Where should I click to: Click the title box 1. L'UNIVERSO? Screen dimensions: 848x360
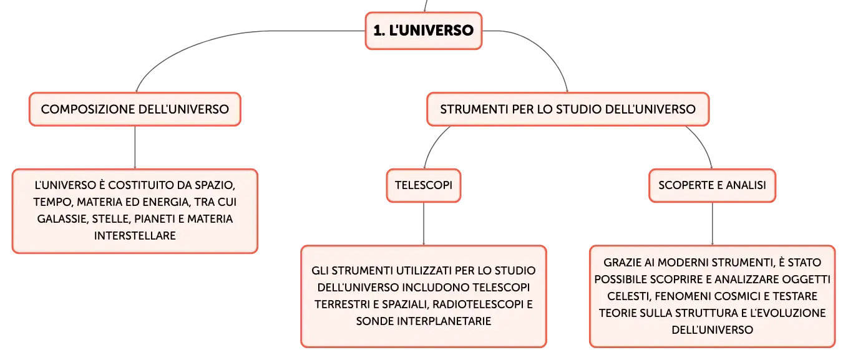(423, 31)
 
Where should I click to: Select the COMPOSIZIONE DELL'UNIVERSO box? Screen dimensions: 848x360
(135, 109)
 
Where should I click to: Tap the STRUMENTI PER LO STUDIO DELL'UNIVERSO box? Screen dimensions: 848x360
(567, 109)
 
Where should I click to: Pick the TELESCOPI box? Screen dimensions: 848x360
(423, 185)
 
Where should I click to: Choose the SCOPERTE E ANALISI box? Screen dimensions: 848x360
(712, 185)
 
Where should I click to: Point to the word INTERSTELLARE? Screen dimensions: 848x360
(135, 236)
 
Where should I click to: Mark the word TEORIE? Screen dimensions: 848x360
(617, 313)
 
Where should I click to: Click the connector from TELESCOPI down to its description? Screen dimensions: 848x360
(423, 224)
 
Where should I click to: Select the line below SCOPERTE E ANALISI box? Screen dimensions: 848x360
(712, 224)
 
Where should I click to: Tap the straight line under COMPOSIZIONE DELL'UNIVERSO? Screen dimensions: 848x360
(135, 147)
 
